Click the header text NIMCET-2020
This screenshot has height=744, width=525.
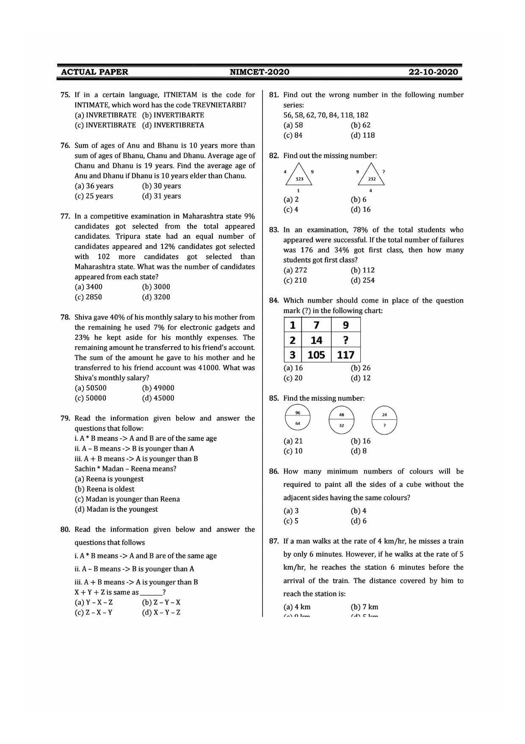260,72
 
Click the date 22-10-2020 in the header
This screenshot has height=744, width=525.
433,72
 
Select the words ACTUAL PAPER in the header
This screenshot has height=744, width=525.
94,72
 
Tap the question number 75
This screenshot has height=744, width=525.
65,95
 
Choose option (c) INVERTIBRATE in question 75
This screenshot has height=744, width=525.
105,125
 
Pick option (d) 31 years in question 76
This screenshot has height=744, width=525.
161,196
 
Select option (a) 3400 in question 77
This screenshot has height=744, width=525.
88,287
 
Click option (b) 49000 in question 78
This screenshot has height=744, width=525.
158,388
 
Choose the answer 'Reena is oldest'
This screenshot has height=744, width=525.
105,489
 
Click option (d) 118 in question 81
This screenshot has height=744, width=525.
362,135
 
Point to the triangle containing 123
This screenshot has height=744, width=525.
299,175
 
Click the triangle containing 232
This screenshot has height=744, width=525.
371,175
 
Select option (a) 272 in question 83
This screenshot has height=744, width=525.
295,270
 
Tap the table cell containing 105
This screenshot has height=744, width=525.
316,355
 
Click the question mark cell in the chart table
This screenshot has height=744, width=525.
345,340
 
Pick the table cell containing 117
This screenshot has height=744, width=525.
345,355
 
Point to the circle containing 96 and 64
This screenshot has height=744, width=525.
298,418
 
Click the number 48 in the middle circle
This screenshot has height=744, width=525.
342,415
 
